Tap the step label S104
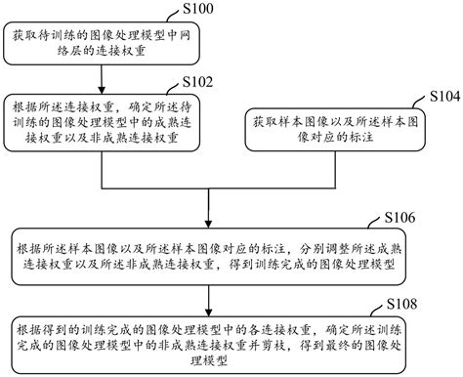tap(436, 100)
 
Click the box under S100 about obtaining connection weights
tap(82, 42)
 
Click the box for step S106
tap(208, 252)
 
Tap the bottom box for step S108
tap(208, 341)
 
